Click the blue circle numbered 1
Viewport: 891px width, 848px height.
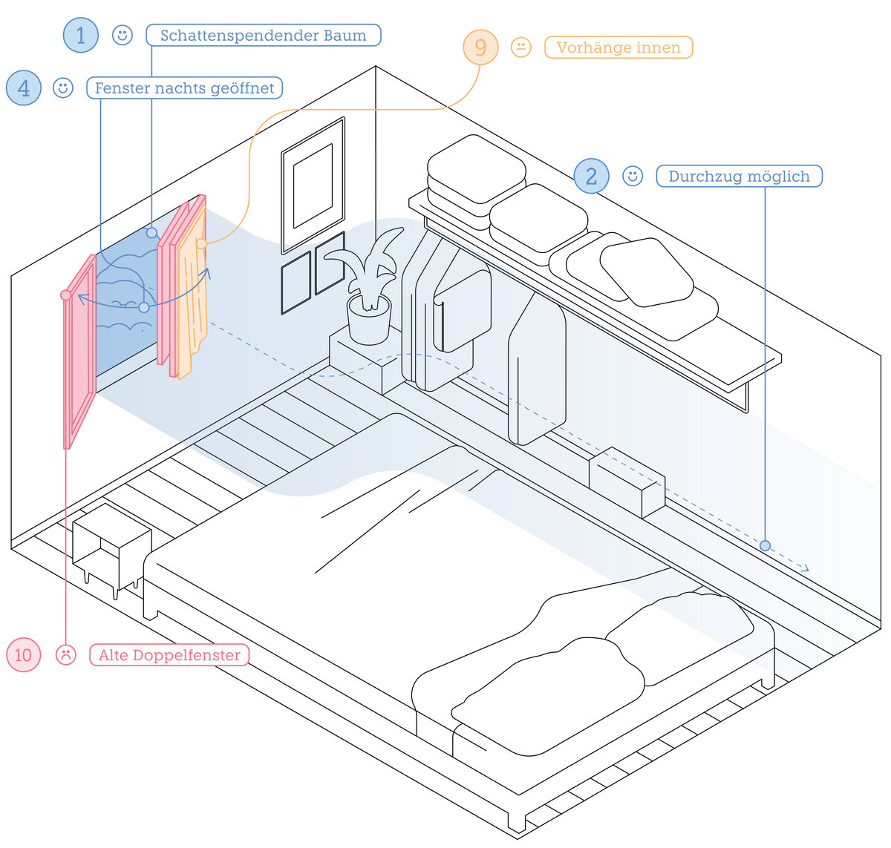pyautogui.click(x=81, y=36)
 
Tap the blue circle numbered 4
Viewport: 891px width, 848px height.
pyautogui.click(x=24, y=88)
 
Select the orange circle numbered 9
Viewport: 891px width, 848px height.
pyautogui.click(x=480, y=47)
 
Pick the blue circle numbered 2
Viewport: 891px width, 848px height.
pyautogui.click(x=591, y=176)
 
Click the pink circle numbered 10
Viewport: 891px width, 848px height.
pyautogui.click(x=24, y=654)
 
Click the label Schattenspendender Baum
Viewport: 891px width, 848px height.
pyautogui.click(x=264, y=36)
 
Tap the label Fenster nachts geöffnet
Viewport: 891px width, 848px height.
pyautogui.click(x=184, y=88)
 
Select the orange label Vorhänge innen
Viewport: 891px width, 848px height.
pyautogui.click(x=619, y=47)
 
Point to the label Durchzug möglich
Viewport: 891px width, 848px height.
pyautogui.click(x=740, y=176)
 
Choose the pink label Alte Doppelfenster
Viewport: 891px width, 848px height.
pyautogui.click(x=169, y=654)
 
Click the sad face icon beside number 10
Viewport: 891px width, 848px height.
pyautogui.click(x=66, y=654)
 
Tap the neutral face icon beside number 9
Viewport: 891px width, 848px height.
pyautogui.click(x=521, y=47)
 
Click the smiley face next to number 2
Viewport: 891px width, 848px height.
pyautogui.click(x=633, y=176)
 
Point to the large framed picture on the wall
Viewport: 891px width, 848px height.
pyautogui.click(x=313, y=185)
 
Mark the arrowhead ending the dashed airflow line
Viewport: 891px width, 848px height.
pyautogui.click(x=804, y=568)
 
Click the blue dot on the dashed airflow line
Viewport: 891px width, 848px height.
pyautogui.click(x=765, y=545)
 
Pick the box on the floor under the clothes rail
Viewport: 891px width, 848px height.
pyautogui.click(x=627, y=482)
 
